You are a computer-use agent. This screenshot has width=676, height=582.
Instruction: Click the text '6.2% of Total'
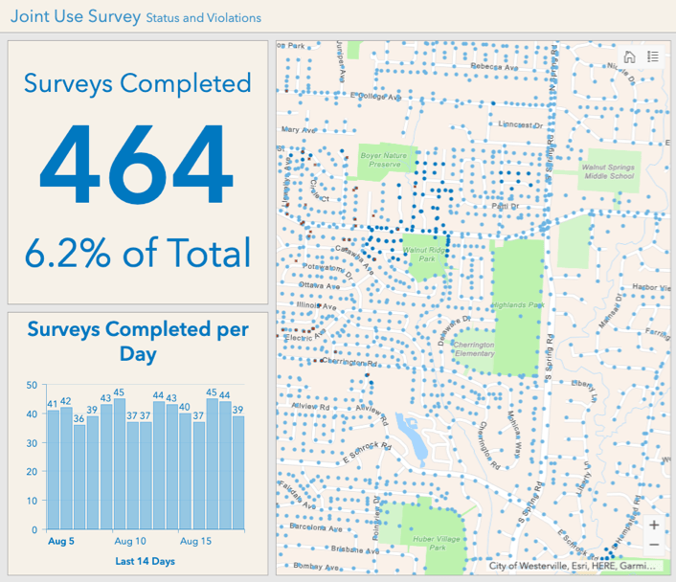pyautogui.click(x=137, y=253)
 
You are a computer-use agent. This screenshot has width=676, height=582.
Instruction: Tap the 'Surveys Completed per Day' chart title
pyautogui.click(x=137, y=341)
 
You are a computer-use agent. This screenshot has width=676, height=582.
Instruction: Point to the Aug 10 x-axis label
pyautogui.click(x=129, y=542)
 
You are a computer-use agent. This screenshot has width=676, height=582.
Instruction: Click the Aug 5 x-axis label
pyautogui.click(x=61, y=542)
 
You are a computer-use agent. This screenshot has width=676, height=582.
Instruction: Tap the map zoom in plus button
pyautogui.click(x=653, y=525)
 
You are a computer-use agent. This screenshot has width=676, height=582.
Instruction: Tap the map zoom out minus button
pyautogui.click(x=653, y=545)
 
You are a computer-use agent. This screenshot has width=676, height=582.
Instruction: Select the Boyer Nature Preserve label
pyautogui.click(x=383, y=159)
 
